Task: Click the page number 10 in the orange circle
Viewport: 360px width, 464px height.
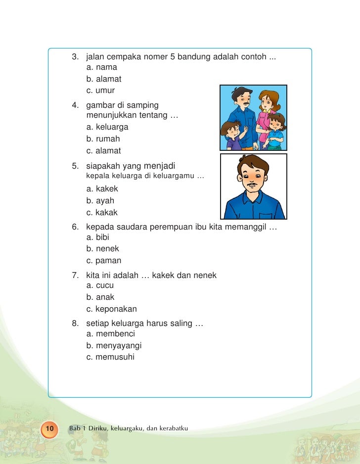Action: point(49,427)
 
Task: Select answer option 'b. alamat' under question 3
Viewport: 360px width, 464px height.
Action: point(103,79)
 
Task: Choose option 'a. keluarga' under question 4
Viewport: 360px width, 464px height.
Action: point(107,127)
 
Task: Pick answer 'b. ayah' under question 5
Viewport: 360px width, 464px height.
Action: point(100,201)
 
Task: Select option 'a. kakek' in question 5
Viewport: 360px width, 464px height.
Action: point(102,189)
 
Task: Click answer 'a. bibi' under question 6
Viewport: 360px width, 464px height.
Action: point(97,237)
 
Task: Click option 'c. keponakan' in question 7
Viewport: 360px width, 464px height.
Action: point(111,309)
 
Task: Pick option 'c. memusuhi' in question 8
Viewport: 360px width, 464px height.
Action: point(110,357)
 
